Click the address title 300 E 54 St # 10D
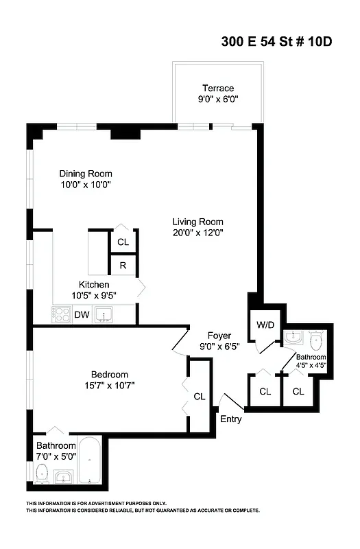[276, 41]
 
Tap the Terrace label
[217, 88]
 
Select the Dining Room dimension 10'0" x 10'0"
[85, 185]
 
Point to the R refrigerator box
[123, 266]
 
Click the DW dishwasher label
[82, 315]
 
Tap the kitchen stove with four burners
[62, 315]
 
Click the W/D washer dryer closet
[265, 324]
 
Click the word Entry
[230, 419]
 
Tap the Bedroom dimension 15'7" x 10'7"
[110, 385]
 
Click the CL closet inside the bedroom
[199, 396]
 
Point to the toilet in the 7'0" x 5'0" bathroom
[40, 473]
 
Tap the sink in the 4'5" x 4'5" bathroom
[291, 337]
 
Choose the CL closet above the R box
[123, 242]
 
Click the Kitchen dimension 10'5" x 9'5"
[94, 296]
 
